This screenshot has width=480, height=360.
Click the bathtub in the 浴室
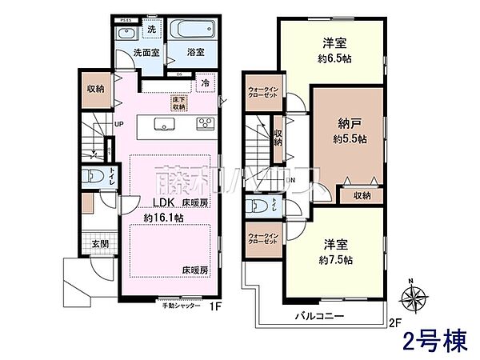pos(190,34)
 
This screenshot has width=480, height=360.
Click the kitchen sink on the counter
pos(166,123)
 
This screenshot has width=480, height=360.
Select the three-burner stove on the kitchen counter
pos(203,123)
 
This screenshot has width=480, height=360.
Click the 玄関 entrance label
pos(99,244)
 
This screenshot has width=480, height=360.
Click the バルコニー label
pos(323,315)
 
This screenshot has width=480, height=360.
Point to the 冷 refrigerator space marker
pos(206,82)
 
